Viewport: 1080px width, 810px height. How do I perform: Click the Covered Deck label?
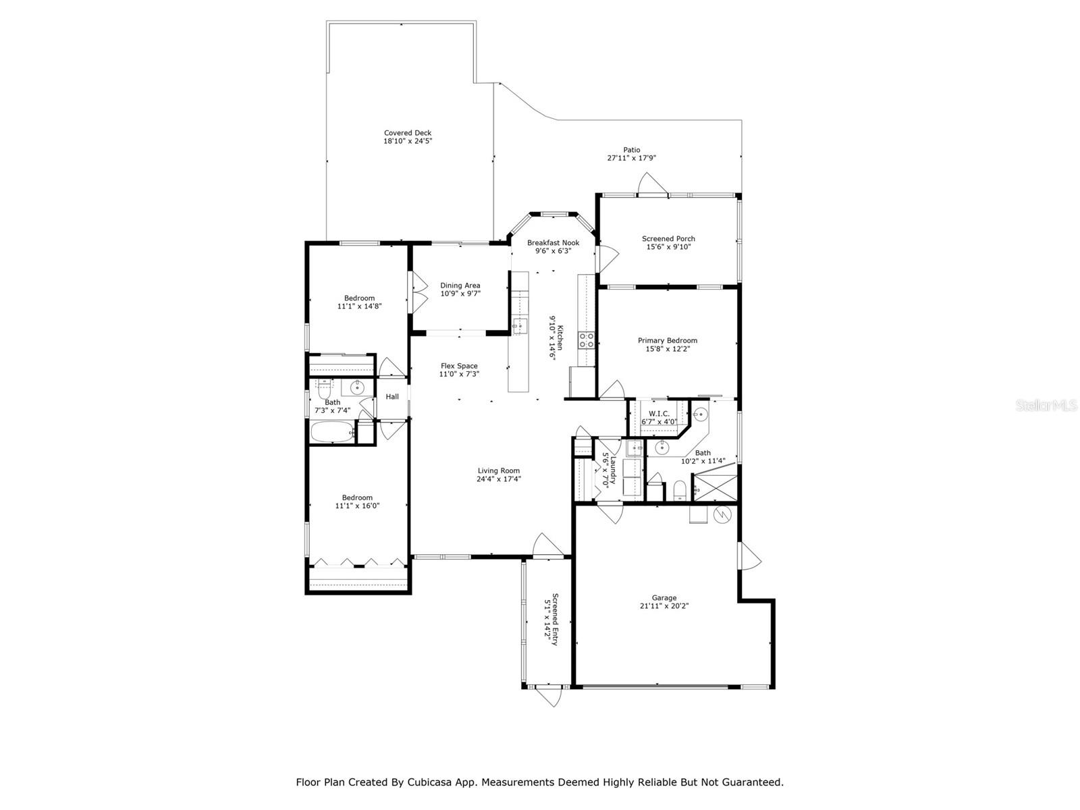click(x=408, y=133)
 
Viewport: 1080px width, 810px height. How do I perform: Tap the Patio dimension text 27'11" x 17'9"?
click(x=632, y=158)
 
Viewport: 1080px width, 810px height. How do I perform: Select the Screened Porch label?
click(x=668, y=238)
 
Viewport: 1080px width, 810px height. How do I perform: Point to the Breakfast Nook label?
click(x=553, y=242)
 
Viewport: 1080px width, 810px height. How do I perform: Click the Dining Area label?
click(x=460, y=286)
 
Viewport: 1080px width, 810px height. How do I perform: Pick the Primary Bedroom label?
click(x=667, y=340)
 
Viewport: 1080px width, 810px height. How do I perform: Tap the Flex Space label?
click(x=459, y=366)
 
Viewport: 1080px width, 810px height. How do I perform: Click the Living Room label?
click(x=498, y=470)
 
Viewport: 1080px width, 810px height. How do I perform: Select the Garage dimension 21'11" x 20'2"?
click(x=664, y=606)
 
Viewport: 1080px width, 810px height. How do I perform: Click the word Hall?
click(x=392, y=396)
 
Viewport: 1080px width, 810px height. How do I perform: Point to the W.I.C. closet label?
click(x=659, y=414)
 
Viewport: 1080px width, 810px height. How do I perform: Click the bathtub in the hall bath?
click(x=333, y=433)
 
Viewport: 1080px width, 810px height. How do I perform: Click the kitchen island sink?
click(x=520, y=326)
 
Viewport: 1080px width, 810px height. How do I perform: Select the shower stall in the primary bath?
click(x=715, y=487)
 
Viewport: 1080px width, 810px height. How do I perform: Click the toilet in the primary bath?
click(x=680, y=491)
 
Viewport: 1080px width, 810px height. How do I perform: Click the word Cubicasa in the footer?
click(x=427, y=782)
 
